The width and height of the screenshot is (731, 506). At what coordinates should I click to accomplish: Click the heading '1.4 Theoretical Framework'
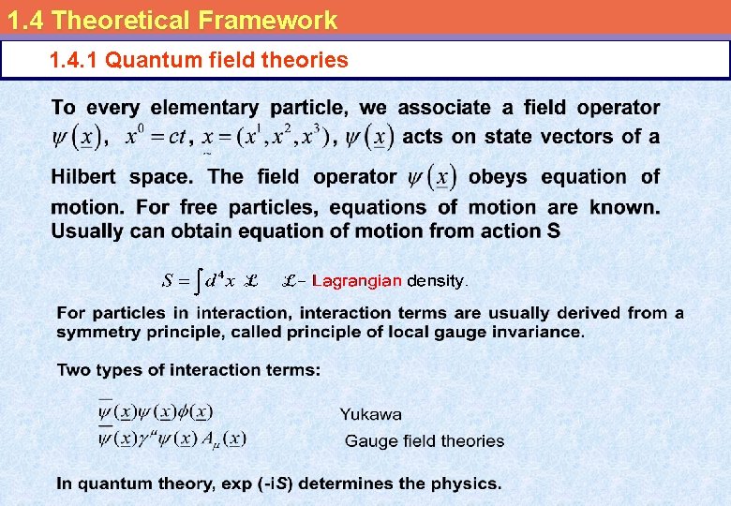[x=170, y=19]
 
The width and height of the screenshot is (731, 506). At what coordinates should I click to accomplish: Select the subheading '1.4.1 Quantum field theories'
[x=199, y=61]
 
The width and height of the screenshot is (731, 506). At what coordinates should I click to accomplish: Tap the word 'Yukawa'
[x=371, y=414]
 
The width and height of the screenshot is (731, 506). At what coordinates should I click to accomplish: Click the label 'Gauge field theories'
[x=424, y=441]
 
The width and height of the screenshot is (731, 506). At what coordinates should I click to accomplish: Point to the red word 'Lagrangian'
[x=357, y=280]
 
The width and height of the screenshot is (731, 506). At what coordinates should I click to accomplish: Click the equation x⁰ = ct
[x=156, y=137]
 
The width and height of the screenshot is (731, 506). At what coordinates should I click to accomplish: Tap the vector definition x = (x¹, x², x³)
[x=266, y=137]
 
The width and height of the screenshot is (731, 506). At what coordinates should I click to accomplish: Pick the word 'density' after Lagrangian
[x=437, y=280]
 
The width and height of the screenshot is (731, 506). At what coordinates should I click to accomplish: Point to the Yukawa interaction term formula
[x=156, y=412]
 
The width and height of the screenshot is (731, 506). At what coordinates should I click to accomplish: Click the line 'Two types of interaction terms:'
[x=188, y=370]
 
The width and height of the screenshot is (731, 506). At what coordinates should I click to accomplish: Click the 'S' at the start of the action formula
[x=168, y=280]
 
